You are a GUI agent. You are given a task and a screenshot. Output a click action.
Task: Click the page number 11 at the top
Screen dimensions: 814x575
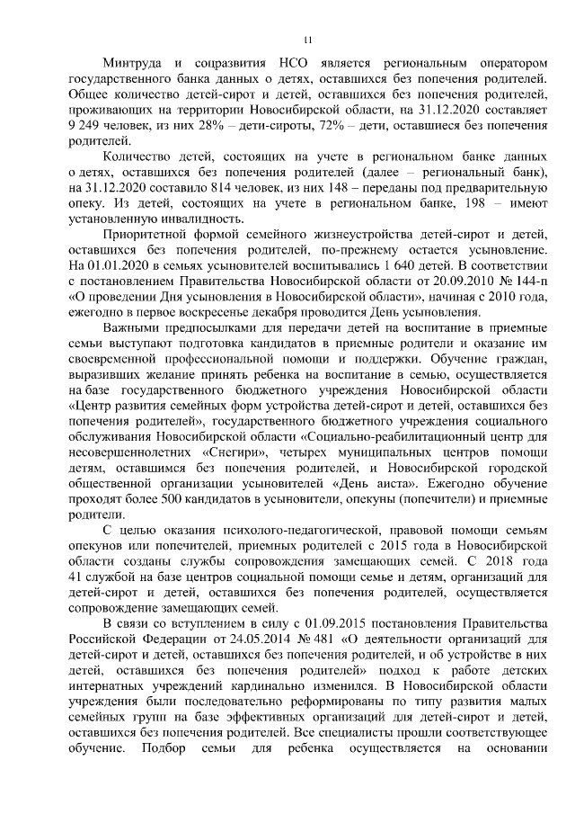coord(306,40)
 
